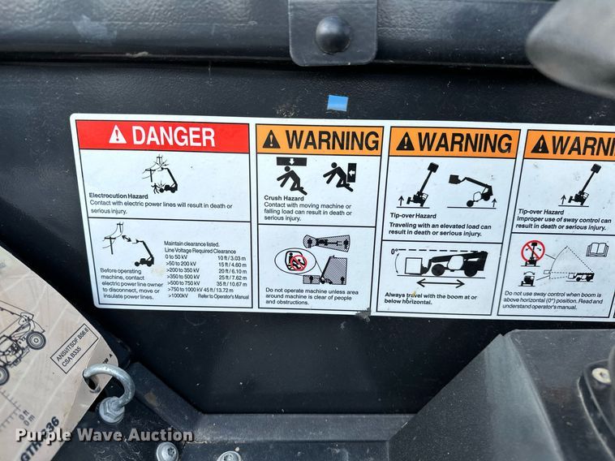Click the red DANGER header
pyautogui.click(x=162, y=136)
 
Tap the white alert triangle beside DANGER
pyautogui.click(x=118, y=136)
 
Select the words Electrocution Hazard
pyautogui.click(x=118, y=196)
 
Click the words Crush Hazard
pyautogui.click(x=284, y=198)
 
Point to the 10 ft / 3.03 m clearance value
pyautogui.click(x=233, y=257)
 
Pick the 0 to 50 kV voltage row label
pyautogui.click(x=180, y=257)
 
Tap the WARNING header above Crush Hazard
pyautogui.click(x=320, y=140)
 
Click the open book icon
pyautogui.click(x=597, y=249)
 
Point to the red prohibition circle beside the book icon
pyautogui.click(x=533, y=252)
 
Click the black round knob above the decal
pyautogui.click(x=333, y=35)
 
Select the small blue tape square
pyautogui.click(x=338, y=103)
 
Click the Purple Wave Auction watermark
pyautogui.click(x=105, y=435)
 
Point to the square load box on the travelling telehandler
pyautogui.click(x=412, y=265)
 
